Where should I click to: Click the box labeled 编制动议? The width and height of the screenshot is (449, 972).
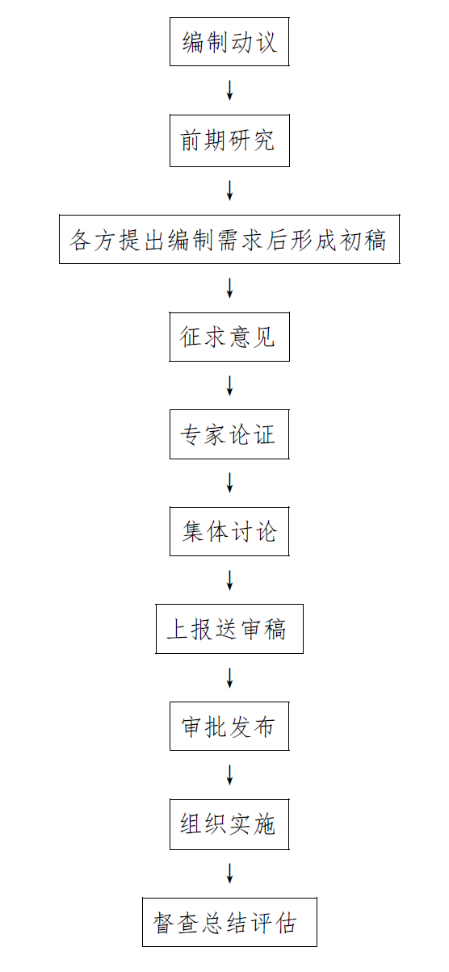click(229, 42)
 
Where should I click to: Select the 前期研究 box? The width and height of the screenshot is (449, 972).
click(229, 140)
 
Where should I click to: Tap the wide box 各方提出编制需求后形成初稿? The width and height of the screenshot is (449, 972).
click(229, 239)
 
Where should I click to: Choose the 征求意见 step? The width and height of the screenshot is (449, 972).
click(229, 337)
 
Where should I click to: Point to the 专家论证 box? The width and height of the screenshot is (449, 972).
click(229, 434)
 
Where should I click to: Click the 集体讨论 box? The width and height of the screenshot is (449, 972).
click(229, 531)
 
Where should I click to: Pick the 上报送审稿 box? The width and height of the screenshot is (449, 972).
click(229, 629)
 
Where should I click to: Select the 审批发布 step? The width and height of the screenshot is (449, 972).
click(229, 726)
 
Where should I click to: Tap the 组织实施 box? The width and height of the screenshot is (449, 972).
click(229, 824)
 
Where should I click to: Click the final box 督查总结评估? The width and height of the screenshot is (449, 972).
click(229, 922)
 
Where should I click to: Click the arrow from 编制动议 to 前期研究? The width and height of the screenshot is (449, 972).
click(229, 90)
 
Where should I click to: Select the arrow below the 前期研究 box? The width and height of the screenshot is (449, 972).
click(229, 191)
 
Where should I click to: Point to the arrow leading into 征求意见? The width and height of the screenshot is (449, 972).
click(229, 287)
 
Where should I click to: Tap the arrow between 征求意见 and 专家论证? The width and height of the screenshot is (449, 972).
click(229, 385)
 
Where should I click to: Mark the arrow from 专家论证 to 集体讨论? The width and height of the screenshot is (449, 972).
click(229, 483)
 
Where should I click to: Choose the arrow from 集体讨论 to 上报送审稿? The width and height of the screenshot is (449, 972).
click(229, 580)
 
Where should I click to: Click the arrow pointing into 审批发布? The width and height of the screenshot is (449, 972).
click(229, 678)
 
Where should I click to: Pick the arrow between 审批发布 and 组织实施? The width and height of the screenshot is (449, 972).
click(229, 775)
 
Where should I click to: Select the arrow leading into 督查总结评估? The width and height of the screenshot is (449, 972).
click(229, 874)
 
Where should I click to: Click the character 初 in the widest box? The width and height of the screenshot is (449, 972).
click(350, 240)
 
